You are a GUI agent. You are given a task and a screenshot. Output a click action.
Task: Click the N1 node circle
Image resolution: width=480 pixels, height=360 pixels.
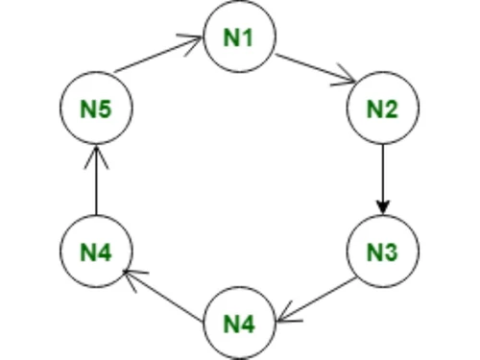pos(239,37)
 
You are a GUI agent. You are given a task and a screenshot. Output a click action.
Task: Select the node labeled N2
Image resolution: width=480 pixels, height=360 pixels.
pos(382,108)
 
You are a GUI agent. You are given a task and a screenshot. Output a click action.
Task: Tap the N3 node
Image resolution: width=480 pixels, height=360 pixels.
pos(382,252)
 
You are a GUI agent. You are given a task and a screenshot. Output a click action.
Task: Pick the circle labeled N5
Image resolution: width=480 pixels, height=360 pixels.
pos(96,108)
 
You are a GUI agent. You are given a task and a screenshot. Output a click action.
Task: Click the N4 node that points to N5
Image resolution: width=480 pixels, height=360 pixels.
pos(96,252)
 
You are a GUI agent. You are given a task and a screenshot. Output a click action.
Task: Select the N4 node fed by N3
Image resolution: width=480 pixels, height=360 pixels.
pos(239,323)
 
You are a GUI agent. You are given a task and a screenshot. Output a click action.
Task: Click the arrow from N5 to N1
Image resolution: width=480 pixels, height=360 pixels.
pos(158,57)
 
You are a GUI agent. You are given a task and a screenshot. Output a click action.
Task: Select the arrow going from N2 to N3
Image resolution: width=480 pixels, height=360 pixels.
pos(382,178)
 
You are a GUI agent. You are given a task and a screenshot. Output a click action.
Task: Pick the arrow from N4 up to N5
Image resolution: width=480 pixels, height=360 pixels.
pos(96,182)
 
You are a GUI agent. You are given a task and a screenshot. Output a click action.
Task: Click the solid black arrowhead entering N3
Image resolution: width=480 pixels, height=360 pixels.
pos(382,207)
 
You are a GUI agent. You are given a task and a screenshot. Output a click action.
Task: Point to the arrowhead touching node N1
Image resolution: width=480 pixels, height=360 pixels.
pos(196,40)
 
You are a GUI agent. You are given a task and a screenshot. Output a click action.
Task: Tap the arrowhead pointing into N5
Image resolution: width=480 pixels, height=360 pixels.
pos(96,154)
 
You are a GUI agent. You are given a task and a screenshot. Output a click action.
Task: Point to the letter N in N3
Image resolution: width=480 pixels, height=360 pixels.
pos(374,252)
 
